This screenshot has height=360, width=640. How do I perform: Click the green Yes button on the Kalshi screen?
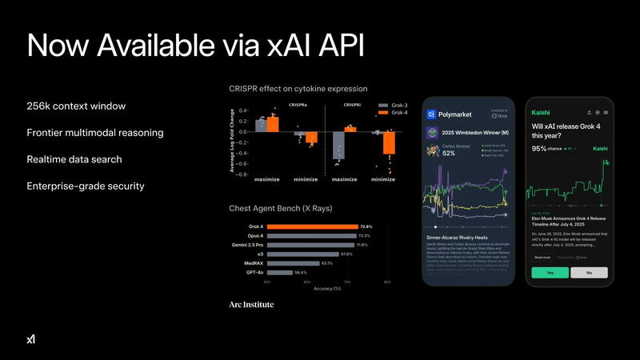click(x=549, y=272)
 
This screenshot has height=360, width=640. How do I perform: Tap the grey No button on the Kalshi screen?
click(x=589, y=272)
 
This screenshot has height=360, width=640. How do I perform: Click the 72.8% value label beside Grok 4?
click(x=366, y=226)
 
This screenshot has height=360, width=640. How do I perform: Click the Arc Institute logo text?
click(x=250, y=305)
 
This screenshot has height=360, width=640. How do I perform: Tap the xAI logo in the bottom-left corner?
click(x=31, y=339)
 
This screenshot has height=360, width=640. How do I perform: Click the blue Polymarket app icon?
click(x=431, y=114)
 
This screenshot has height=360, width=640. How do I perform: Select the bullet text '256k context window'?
click(x=76, y=106)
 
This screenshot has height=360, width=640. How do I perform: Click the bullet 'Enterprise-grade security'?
click(x=85, y=186)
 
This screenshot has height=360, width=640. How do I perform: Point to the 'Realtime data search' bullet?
click(x=74, y=159)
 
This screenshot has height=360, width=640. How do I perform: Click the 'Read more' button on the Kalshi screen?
click(x=542, y=258)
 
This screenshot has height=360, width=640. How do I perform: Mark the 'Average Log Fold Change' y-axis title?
click(x=233, y=140)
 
